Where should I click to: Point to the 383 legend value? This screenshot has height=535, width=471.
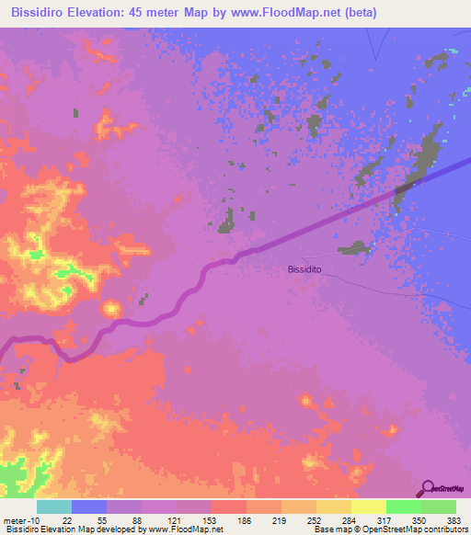tap(442, 520)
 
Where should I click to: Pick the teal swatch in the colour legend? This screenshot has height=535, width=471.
tap(54, 507)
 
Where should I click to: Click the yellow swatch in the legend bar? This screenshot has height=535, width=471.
tap(368, 507)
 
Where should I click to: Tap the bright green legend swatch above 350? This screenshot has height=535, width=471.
tap(403, 507)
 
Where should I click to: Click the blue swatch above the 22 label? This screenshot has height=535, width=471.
tap(89, 507)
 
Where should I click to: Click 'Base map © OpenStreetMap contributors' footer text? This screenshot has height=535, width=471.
tap(390, 529)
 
